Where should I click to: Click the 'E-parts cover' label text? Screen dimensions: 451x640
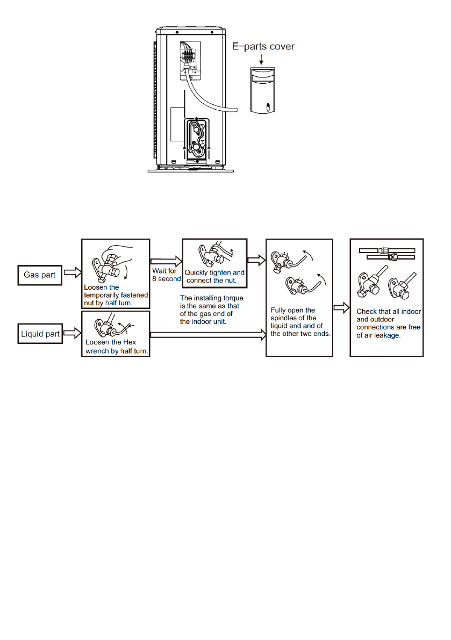pos(263,47)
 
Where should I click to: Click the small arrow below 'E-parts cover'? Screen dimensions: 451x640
pos(261,59)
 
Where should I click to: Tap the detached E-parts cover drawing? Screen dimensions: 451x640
pos(262,90)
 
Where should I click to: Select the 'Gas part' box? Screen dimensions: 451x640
pos(40,275)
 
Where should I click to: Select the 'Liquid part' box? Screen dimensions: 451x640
pos(40,334)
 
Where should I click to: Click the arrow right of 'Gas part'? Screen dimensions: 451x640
pos(73,272)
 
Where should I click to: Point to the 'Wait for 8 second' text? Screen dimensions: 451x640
pos(167,275)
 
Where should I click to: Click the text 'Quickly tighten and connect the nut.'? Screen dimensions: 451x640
pos(214,276)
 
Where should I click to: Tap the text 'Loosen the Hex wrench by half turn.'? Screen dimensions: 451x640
pos(117,347)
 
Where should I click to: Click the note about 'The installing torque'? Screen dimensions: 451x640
pos(211,310)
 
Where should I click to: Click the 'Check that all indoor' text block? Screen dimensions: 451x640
pos(389,323)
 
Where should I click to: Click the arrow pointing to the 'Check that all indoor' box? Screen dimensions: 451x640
pos(342,308)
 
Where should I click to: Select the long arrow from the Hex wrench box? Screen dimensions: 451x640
pos(208,335)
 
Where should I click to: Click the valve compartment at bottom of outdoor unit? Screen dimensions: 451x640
pos(198,139)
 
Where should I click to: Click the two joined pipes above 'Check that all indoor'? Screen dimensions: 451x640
pos(387,254)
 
